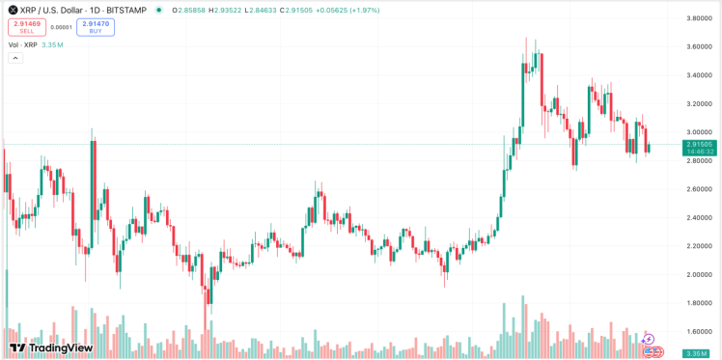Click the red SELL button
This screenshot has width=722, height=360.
(x=27, y=27)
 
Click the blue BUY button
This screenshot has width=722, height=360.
(x=96, y=27)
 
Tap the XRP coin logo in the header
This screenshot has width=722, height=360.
(x=13, y=9)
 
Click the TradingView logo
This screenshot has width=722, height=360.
(x=50, y=347)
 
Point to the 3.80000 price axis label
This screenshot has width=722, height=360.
(x=699, y=18)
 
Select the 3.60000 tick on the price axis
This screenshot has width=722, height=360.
(x=699, y=46)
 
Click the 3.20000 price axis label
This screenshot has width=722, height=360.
(x=699, y=103)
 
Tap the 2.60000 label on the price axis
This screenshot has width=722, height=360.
(x=699, y=189)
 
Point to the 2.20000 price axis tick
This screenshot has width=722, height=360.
(x=699, y=246)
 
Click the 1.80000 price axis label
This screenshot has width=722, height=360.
(x=699, y=303)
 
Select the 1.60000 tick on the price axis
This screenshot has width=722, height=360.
(x=699, y=331)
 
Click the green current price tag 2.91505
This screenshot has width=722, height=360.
(x=699, y=144)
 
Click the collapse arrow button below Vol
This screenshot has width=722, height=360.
(x=15, y=58)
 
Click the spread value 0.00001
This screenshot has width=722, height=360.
(x=61, y=27)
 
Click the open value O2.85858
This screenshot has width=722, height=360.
(x=185, y=9)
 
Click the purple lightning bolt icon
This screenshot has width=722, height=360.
(x=648, y=339)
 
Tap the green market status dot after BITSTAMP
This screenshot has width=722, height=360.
(x=159, y=9)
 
